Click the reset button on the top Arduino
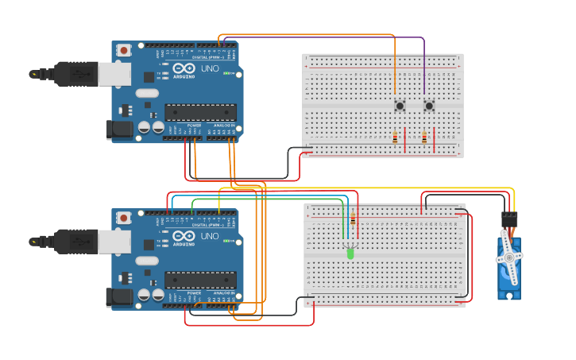point(123,50)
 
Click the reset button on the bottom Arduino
point(123,218)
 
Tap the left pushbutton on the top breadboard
point(400,105)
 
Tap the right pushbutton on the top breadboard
point(429,105)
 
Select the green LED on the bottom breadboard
point(350,254)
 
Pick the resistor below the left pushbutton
point(395,138)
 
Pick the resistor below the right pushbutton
point(424,138)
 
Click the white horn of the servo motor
point(508,257)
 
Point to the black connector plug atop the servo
point(509,217)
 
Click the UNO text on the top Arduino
point(210,69)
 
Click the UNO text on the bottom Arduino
point(210,237)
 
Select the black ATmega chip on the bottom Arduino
point(200,280)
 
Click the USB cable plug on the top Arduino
point(79,74)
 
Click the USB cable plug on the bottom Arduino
point(79,241)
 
